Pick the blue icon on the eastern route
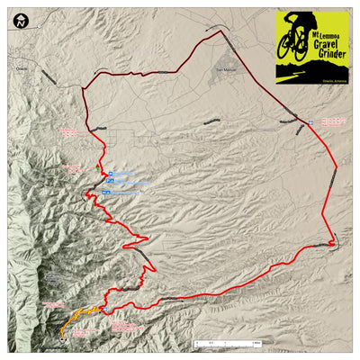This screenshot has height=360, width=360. click(x=311, y=120)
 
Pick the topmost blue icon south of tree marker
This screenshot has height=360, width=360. click(x=106, y=175)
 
